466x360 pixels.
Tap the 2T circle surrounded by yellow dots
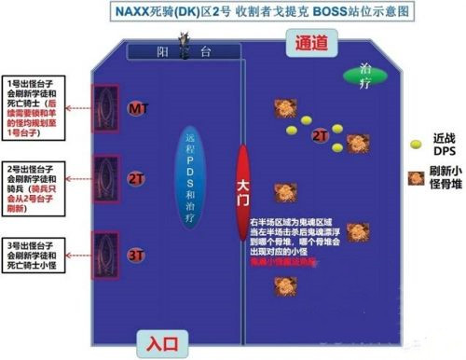319,136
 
